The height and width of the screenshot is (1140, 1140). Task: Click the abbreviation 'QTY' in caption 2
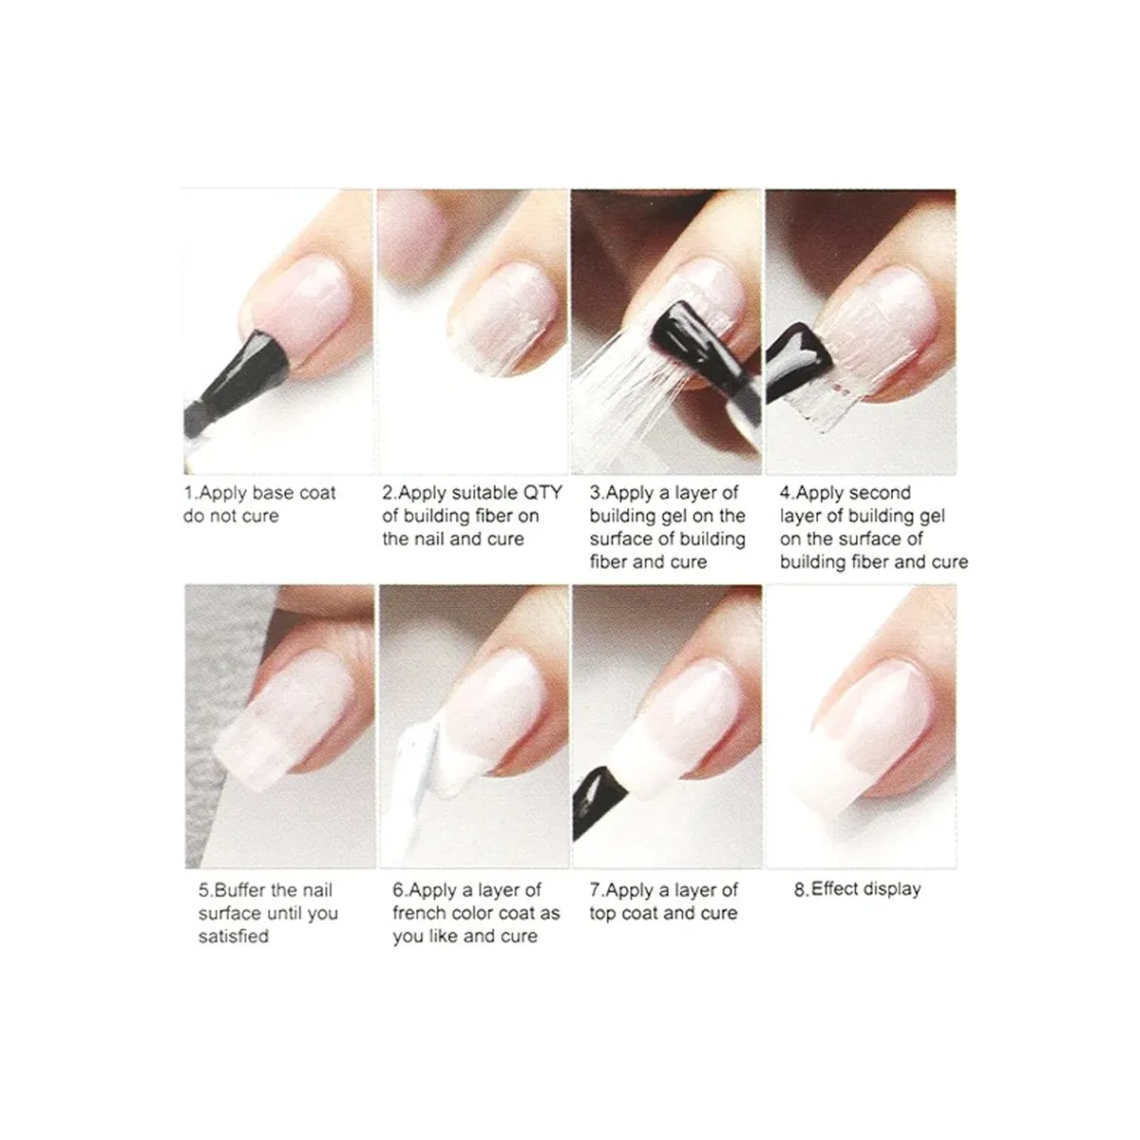[x=542, y=493]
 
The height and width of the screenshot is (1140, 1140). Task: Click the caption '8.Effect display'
[x=857, y=889]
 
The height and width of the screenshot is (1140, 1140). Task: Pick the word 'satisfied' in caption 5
[x=234, y=936]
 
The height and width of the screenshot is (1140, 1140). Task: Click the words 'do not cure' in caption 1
[x=231, y=516]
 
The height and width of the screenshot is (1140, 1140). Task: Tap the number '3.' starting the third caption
[x=596, y=493]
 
